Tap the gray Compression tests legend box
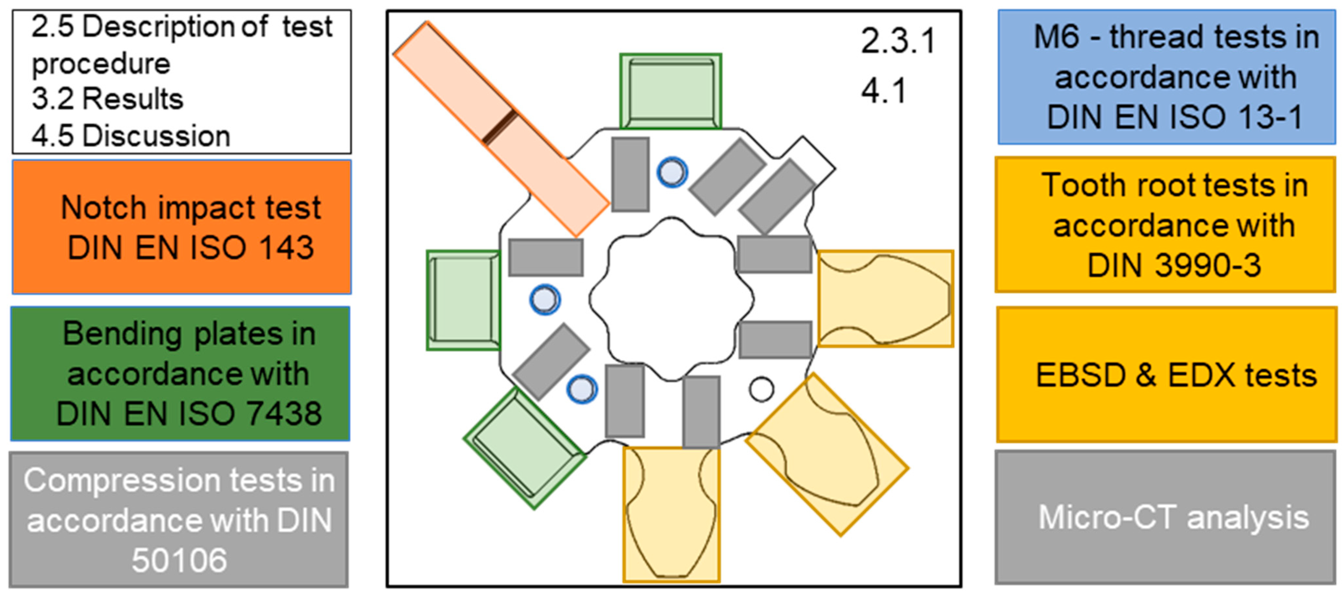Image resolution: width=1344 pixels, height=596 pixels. click(x=179, y=519)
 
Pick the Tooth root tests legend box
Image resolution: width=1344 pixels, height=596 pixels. click(x=1165, y=225)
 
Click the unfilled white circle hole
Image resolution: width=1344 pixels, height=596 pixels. click(x=761, y=389)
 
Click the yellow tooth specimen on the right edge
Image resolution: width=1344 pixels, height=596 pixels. click(x=885, y=299)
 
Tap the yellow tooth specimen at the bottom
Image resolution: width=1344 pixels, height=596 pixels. click(x=671, y=514)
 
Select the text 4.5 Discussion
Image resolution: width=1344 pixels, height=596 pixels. click(x=130, y=136)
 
